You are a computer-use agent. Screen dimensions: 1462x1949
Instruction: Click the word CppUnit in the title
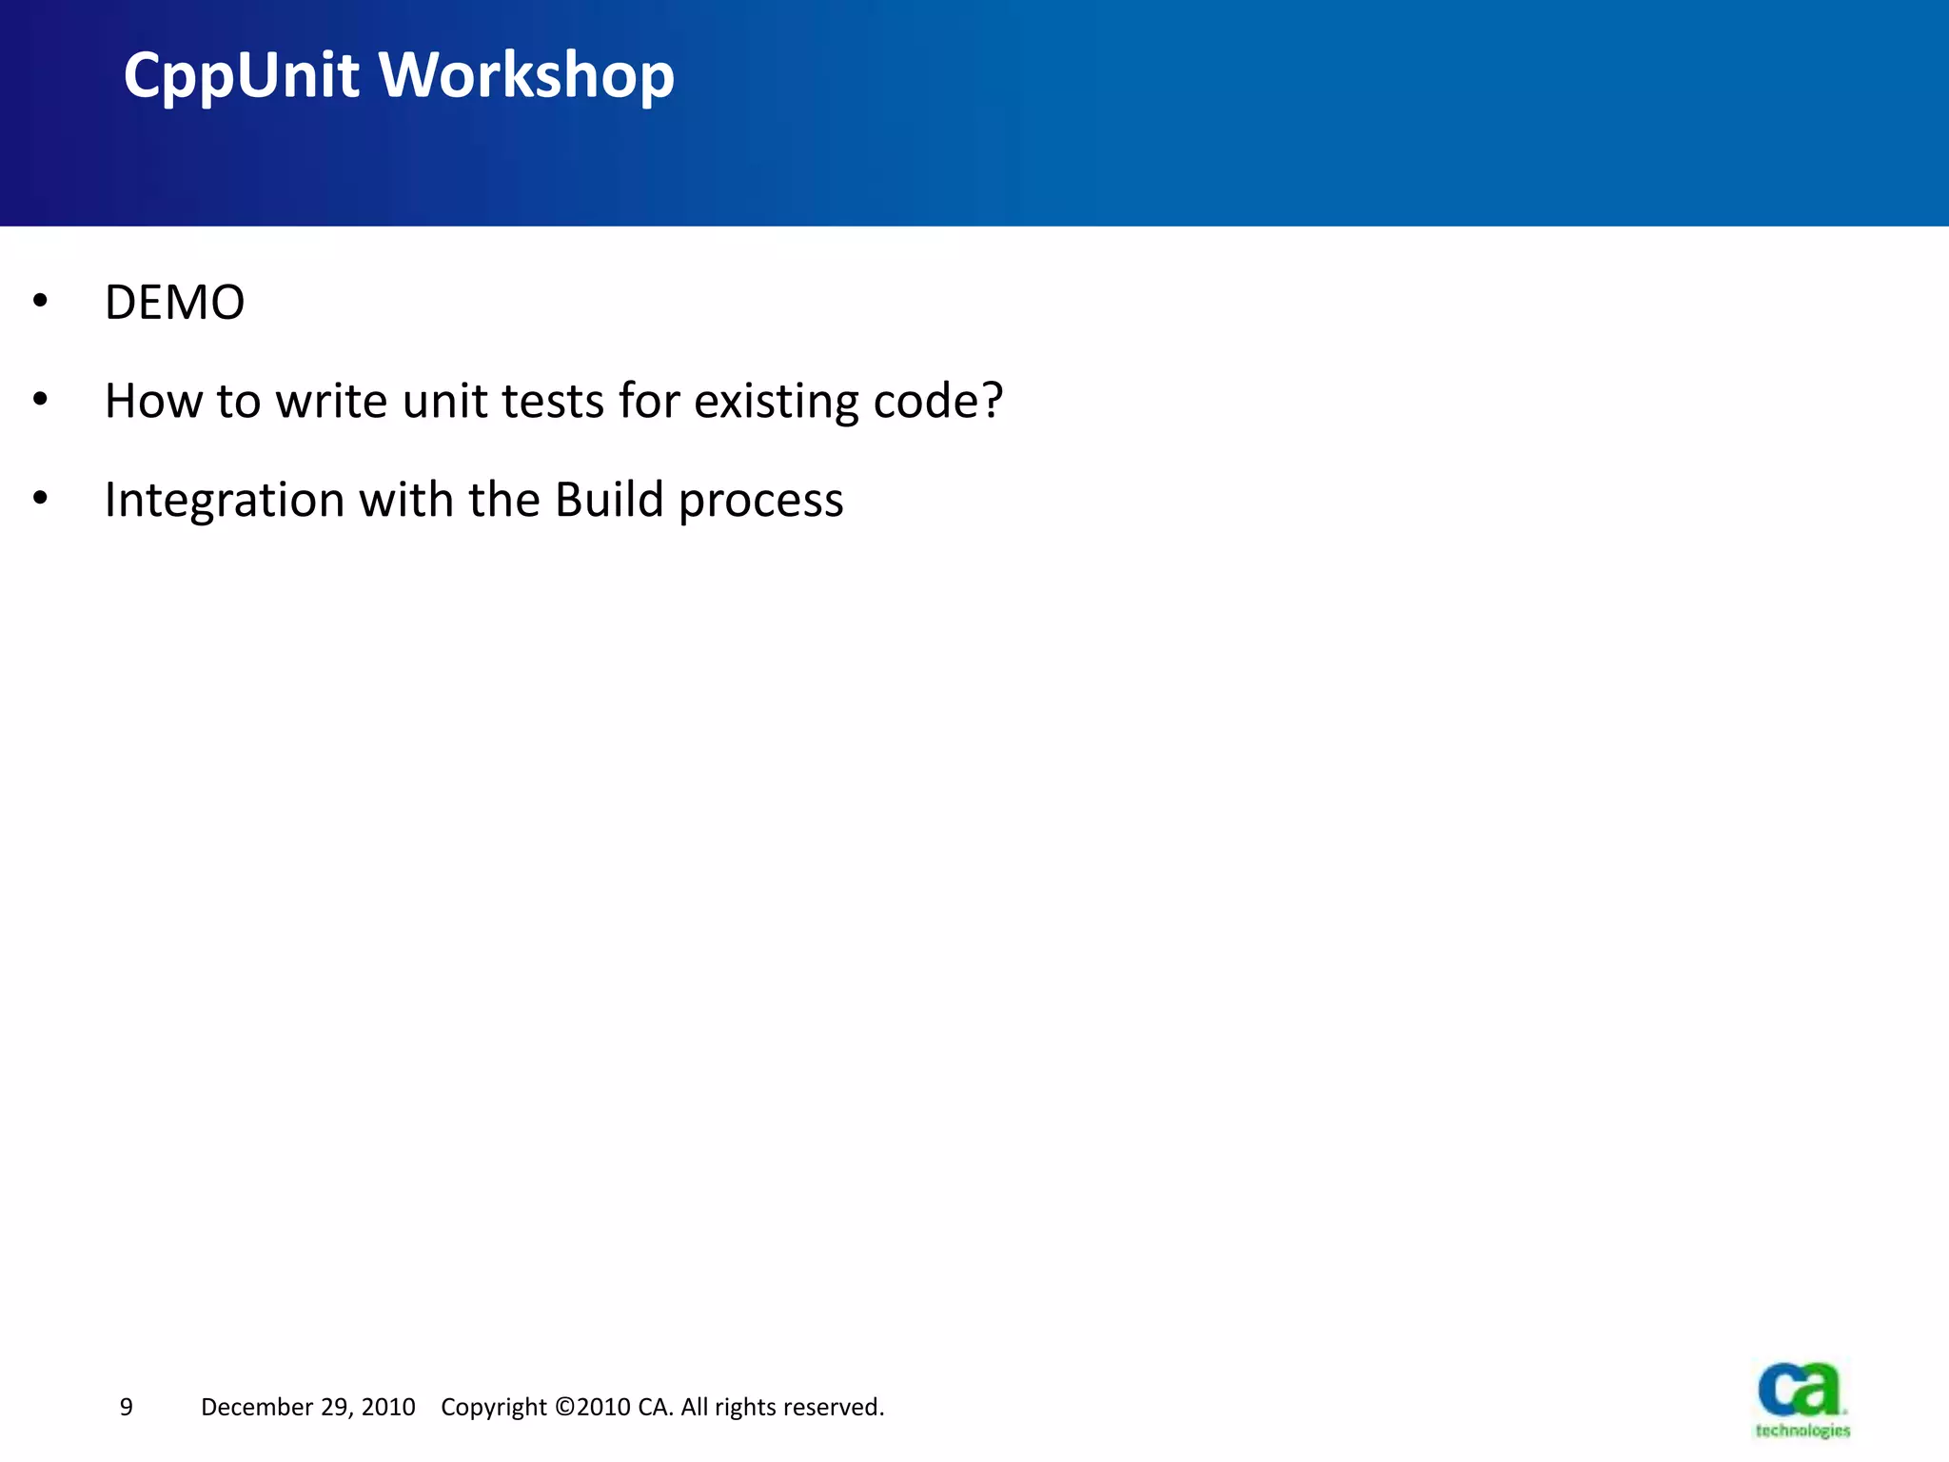point(241,76)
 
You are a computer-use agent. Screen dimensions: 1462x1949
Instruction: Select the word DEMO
point(174,303)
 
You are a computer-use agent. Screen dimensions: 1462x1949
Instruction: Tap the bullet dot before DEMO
point(40,301)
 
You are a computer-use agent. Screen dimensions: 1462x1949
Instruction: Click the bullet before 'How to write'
point(40,400)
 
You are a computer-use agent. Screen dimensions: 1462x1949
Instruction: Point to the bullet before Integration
point(40,498)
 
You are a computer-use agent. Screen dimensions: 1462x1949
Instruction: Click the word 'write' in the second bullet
point(332,401)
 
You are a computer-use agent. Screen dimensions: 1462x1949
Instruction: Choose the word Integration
point(225,501)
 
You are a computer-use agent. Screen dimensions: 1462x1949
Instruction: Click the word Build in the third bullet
point(608,500)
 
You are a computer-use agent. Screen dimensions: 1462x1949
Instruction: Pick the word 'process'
point(760,502)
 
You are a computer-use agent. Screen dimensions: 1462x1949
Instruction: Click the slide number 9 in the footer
point(127,1407)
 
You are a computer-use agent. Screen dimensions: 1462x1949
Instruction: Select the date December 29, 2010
point(307,1407)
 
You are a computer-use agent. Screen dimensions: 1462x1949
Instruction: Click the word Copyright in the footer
point(493,1408)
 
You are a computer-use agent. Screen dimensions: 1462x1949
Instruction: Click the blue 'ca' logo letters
point(1799,1390)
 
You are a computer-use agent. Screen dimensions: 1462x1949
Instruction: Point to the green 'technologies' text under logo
point(1802,1431)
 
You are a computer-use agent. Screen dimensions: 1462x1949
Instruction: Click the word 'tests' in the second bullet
point(553,401)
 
